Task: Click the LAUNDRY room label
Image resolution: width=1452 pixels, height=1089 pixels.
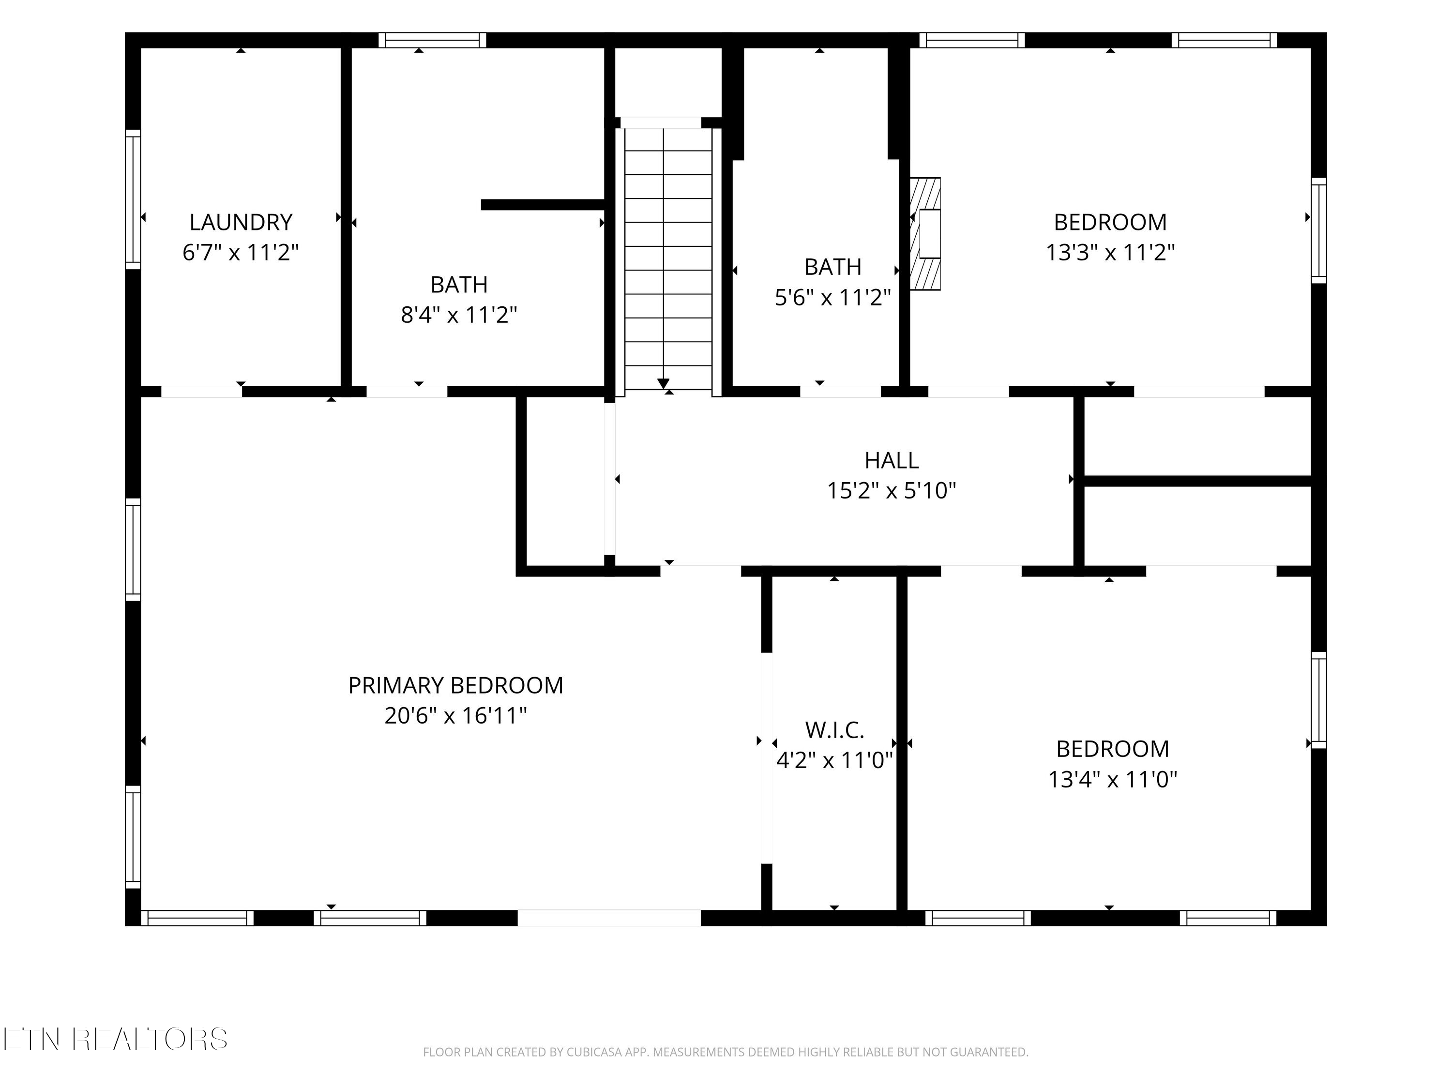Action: coord(241,223)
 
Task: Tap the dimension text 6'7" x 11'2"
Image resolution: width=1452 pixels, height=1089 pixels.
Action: coord(241,253)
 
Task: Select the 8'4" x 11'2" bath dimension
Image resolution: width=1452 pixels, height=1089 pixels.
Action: coord(459,316)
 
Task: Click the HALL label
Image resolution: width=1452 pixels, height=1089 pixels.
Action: coord(892,461)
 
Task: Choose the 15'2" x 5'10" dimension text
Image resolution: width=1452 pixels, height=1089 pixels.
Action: coord(892,491)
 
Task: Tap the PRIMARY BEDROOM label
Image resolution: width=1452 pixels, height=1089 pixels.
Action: coord(455,685)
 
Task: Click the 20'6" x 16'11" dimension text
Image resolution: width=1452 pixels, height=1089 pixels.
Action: coord(455,715)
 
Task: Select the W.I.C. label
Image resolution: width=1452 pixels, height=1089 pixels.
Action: coord(834,730)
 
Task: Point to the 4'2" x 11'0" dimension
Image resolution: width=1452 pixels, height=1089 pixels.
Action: coord(834,761)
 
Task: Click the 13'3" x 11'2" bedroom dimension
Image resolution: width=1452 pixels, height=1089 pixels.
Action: coord(1110,253)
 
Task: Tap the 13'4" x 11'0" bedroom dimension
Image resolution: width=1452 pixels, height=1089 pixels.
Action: coord(1113,780)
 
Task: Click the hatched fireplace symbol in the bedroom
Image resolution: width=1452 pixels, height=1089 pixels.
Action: coord(925,234)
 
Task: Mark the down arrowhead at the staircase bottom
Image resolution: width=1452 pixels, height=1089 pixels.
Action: coord(664,383)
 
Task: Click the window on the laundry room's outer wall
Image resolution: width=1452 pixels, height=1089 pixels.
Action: coord(133,199)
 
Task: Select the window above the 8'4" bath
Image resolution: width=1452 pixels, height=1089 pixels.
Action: coord(433,40)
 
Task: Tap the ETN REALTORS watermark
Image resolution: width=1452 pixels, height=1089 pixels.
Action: coord(116,1039)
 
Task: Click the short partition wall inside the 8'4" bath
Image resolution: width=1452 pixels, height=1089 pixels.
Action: coord(543,205)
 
